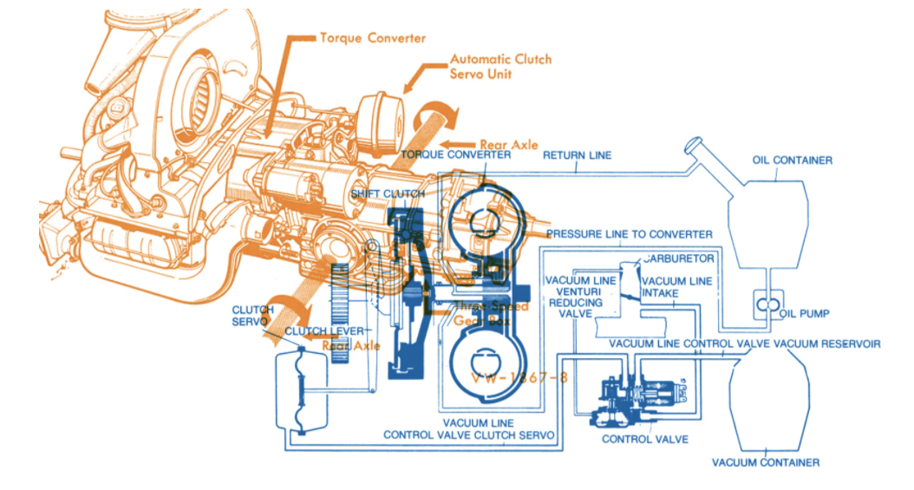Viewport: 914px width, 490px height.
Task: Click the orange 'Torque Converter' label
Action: pyautogui.click(x=373, y=38)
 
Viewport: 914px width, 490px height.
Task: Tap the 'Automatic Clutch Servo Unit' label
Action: pyautogui.click(x=500, y=67)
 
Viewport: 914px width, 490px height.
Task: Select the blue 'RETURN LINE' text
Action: pyautogui.click(x=577, y=155)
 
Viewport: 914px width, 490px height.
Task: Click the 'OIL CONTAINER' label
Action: pyautogui.click(x=793, y=160)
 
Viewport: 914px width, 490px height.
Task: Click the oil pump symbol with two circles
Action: pyautogui.click(x=766, y=305)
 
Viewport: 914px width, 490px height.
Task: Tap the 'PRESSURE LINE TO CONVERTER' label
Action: pyautogui.click(x=630, y=234)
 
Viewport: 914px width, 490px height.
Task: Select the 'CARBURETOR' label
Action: pyautogui.click(x=678, y=258)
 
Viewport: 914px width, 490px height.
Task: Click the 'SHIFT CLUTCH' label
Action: pyautogui.click(x=388, y=193)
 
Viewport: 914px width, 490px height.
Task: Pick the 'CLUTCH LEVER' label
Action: pyautogui.click(x=320, y=331)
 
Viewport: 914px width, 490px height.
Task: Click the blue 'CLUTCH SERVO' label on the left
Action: pyautogui.click(x=254, y=316)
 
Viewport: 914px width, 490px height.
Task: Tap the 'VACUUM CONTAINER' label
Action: pyautogui.click(x=766, y=462)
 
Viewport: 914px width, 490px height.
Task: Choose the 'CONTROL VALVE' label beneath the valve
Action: pyautogui.click(x=645, y=440)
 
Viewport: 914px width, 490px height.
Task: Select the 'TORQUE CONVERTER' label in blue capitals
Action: pyautogui.click(x=455, y=154)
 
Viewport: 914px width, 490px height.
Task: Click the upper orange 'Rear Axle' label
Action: pyautogui.click(x=508, y=145)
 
